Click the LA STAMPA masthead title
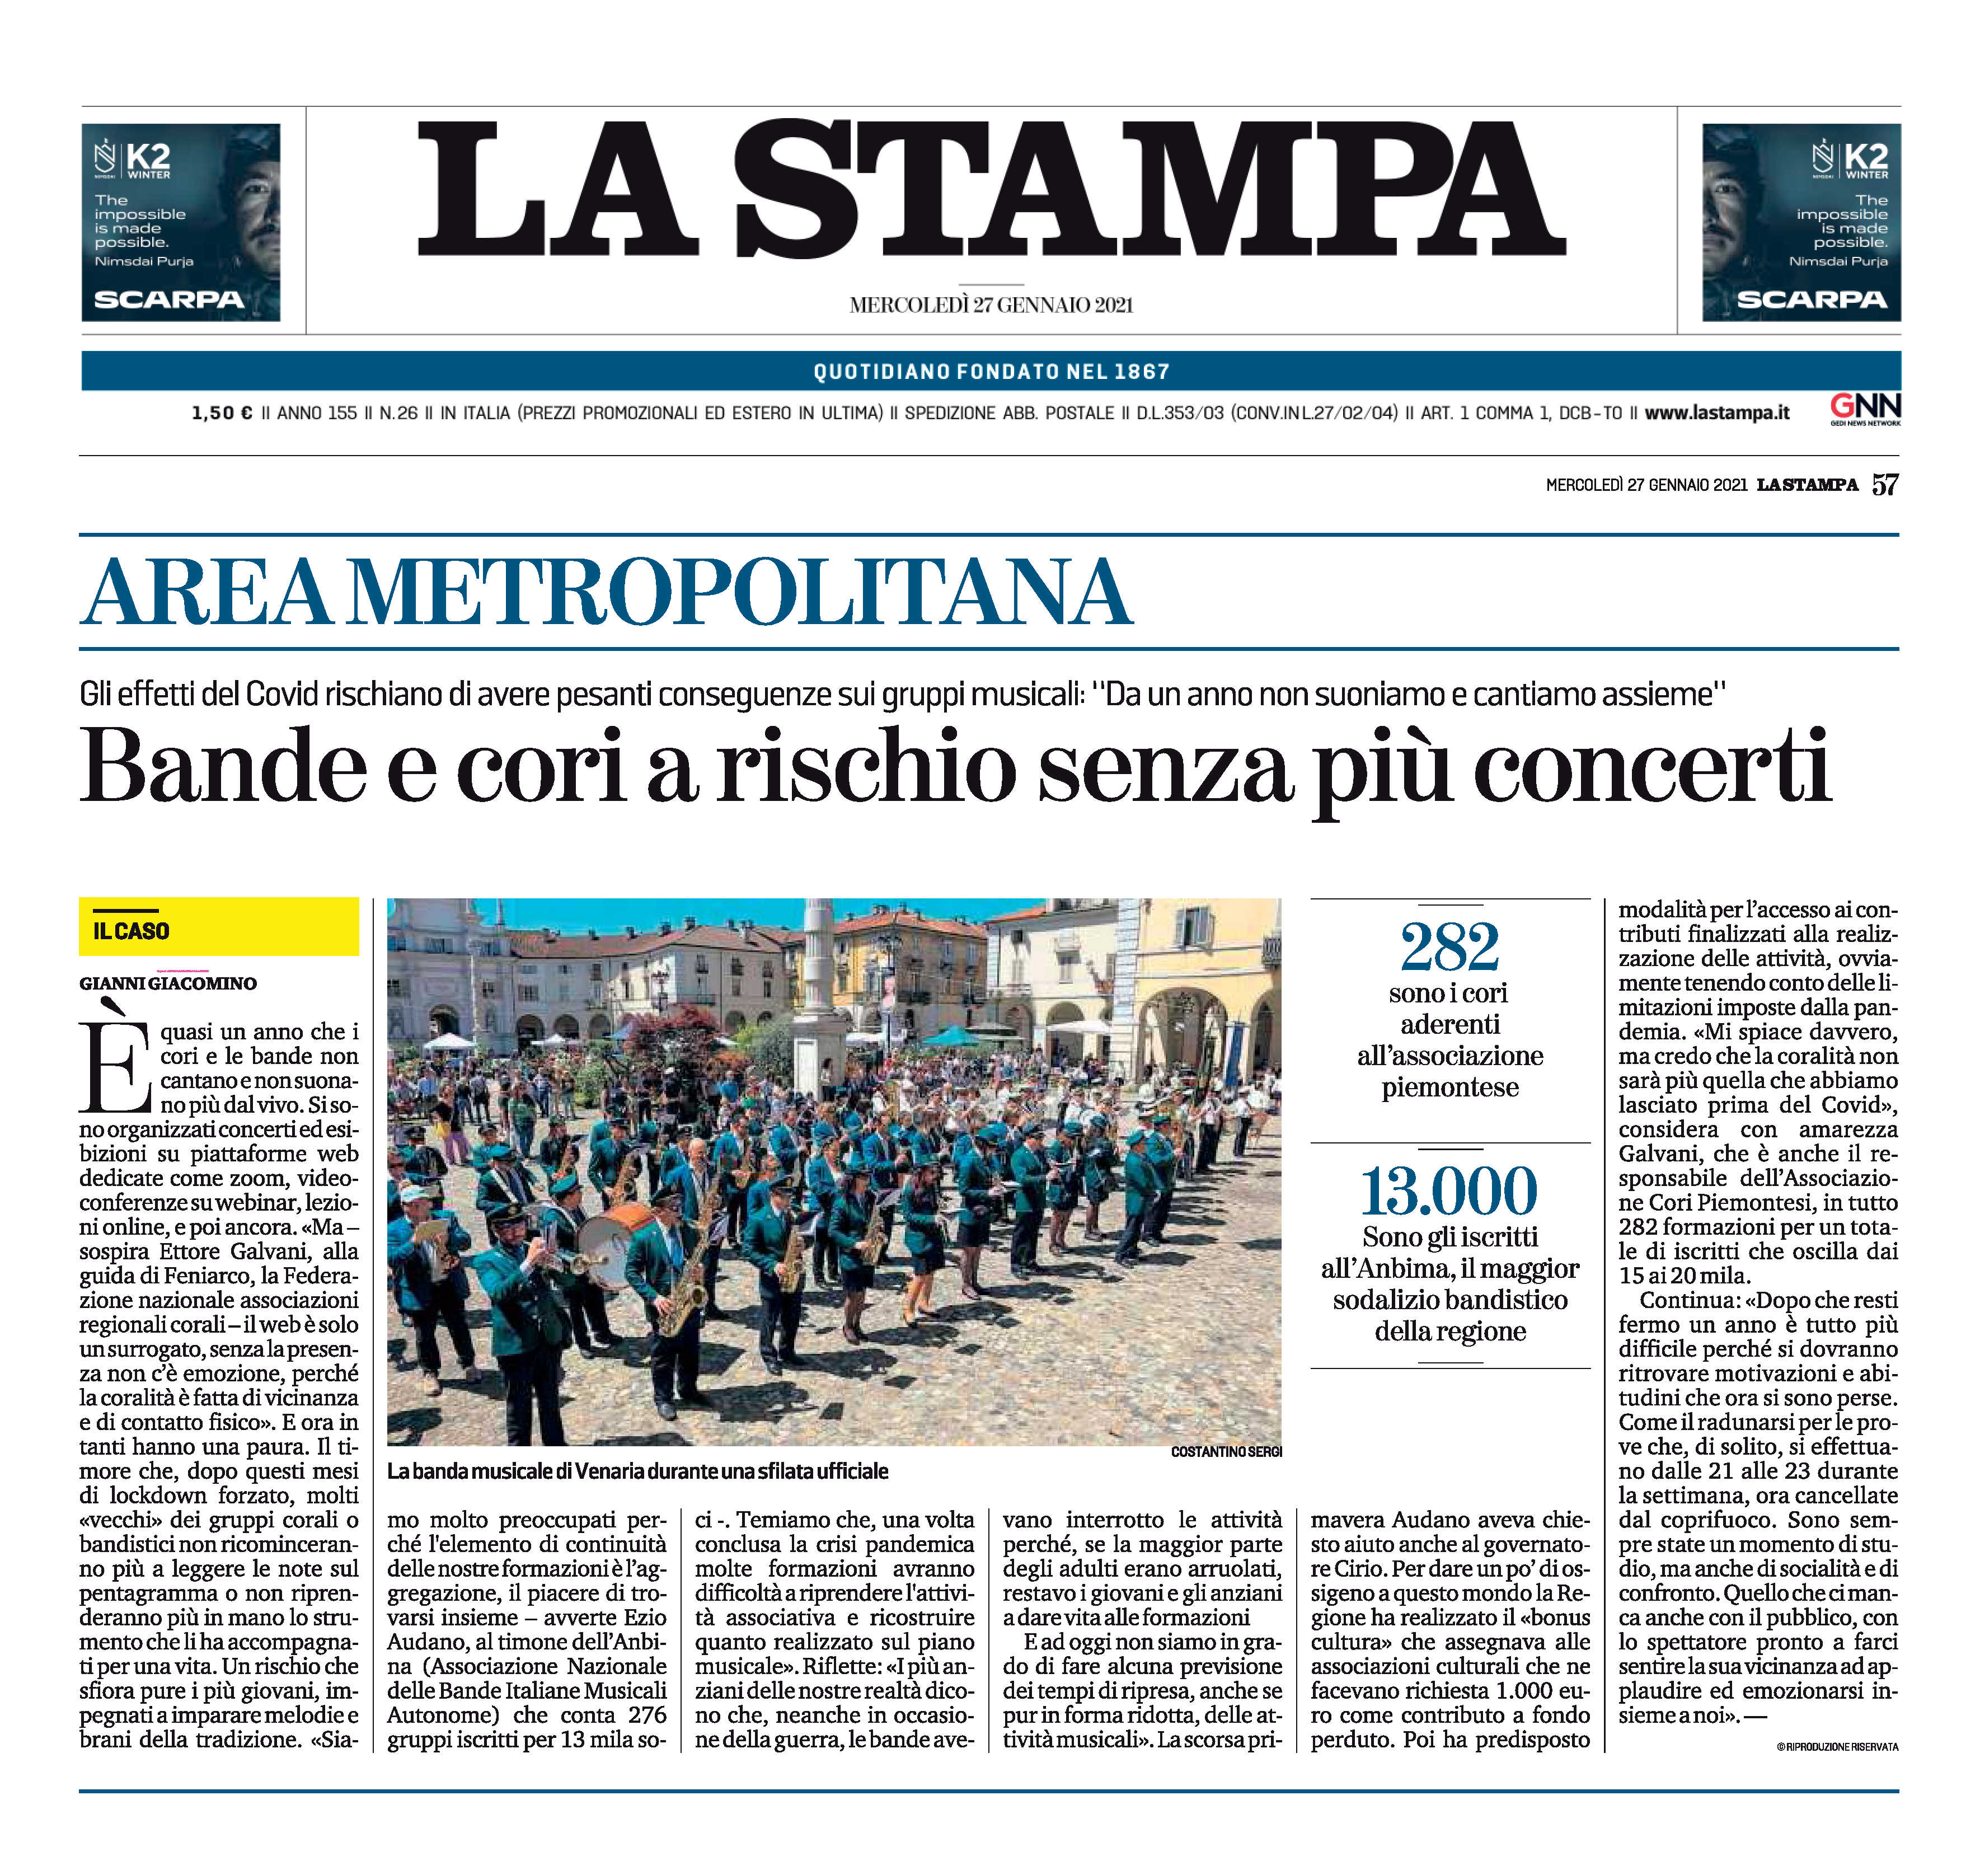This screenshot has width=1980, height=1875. [989, 190]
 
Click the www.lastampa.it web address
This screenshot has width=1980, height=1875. [1716, 413]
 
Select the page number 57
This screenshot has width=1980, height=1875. [1884, 485]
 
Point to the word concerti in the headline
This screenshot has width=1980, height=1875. [1651, 767]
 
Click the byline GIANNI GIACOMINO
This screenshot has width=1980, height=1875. [168, 983]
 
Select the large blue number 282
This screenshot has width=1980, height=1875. [1449, 946]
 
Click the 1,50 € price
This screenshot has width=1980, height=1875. [221, 413]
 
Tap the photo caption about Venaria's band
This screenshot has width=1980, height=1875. [637, 1471]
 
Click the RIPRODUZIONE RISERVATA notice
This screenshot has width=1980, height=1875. [1837, 1747]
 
